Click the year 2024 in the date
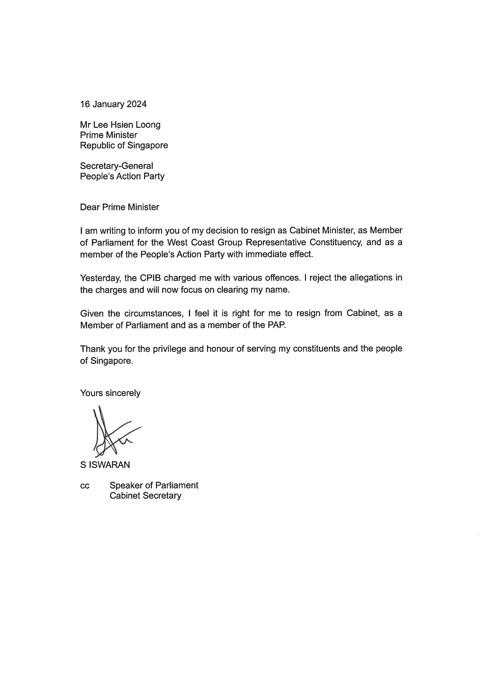tap(137, 104)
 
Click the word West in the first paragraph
tap(177, 243)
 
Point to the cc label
tap(85, 485)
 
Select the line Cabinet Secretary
tap(145, 496)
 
